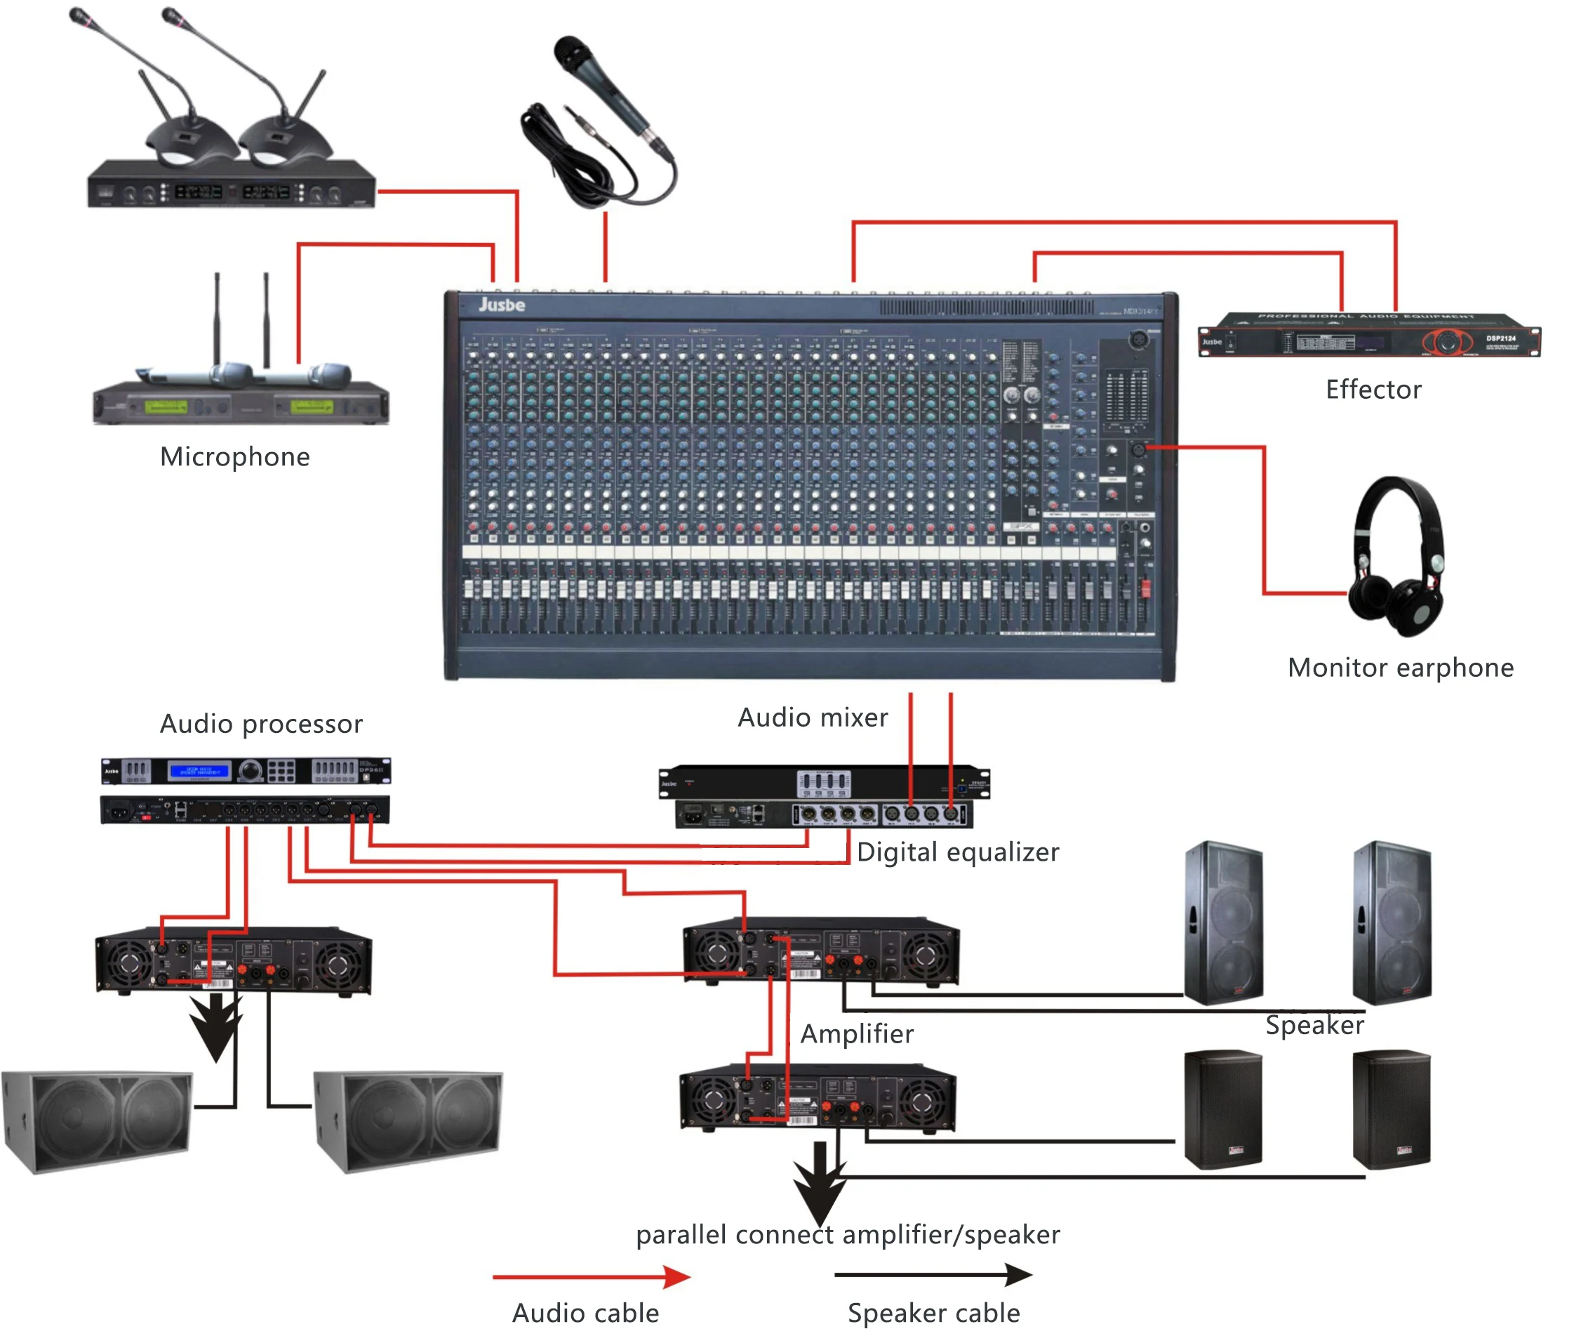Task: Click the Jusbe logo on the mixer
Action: coord(501,305)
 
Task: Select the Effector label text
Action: coord(1373,390)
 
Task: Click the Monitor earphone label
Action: coord(1400,667)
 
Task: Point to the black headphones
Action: coord(1398,557)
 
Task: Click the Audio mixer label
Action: coord(813,717)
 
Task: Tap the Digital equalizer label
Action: coord(957,852)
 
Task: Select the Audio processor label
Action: coord(261,724)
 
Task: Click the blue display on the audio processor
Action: coord(199,771)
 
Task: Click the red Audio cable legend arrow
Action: coord(591,1277)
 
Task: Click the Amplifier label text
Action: coord(856,1034)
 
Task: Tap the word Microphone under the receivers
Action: coord(234,457)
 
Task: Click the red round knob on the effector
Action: coord(1447,342)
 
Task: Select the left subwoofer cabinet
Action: coord(97,1121)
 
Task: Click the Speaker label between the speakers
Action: coord(1314,1025)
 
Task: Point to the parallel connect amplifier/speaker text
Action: coord(847,1234)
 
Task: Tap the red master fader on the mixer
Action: coord(1145,588)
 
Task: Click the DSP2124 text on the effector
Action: coord(1500,338)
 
